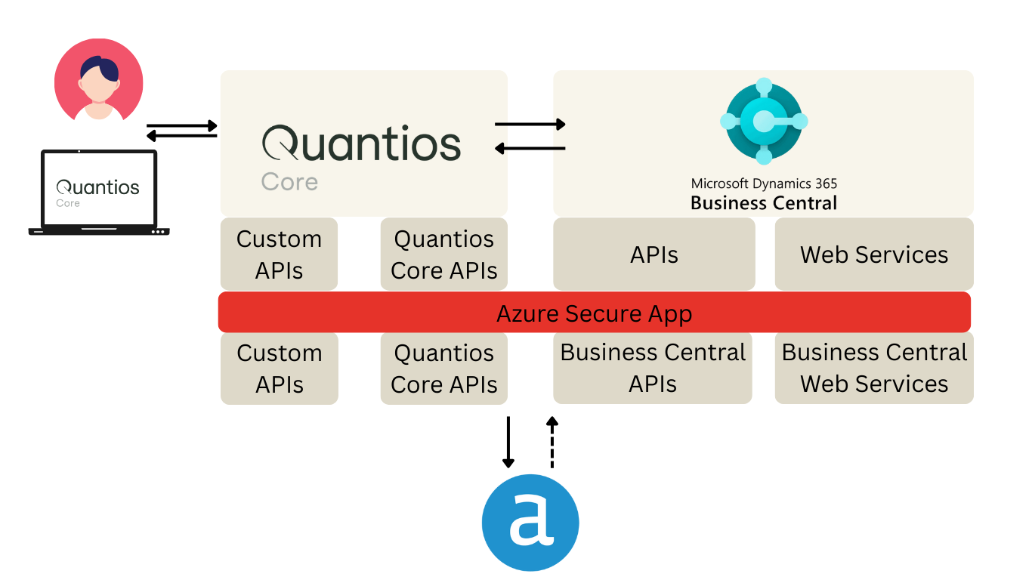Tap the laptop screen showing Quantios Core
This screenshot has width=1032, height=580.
click(x=99, y=190)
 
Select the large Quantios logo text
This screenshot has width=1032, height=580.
click(x=361, y=143)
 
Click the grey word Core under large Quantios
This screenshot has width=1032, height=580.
click(x=289, y=182)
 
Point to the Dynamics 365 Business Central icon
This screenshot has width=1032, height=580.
click(x=764, y=121)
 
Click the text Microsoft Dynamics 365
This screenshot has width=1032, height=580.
click(x=764, y=184)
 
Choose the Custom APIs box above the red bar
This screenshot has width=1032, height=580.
click(x=279, y=254)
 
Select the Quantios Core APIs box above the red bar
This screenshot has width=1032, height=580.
click(x=443, y=254)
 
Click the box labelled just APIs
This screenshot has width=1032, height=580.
click(x=653, y=254)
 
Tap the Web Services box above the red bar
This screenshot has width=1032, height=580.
click(x=874, y=254)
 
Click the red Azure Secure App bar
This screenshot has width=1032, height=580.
click(x=595, y=313)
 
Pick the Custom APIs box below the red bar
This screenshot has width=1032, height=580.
click(x=280, y=368)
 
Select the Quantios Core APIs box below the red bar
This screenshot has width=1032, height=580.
click(x=443, y=368)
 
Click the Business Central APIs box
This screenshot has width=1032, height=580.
click(x=653, y=368)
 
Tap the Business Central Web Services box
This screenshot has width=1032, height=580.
click(x=874, y=368)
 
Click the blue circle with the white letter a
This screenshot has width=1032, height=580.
click(x=530, y=523)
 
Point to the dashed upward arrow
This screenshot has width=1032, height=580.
click(x=552, y=443)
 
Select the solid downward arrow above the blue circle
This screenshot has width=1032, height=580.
click(x=508, y=443)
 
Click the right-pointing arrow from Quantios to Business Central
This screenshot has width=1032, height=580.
click(x=530, y=125)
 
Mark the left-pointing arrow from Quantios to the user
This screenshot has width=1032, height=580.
click(x=181, y=135)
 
